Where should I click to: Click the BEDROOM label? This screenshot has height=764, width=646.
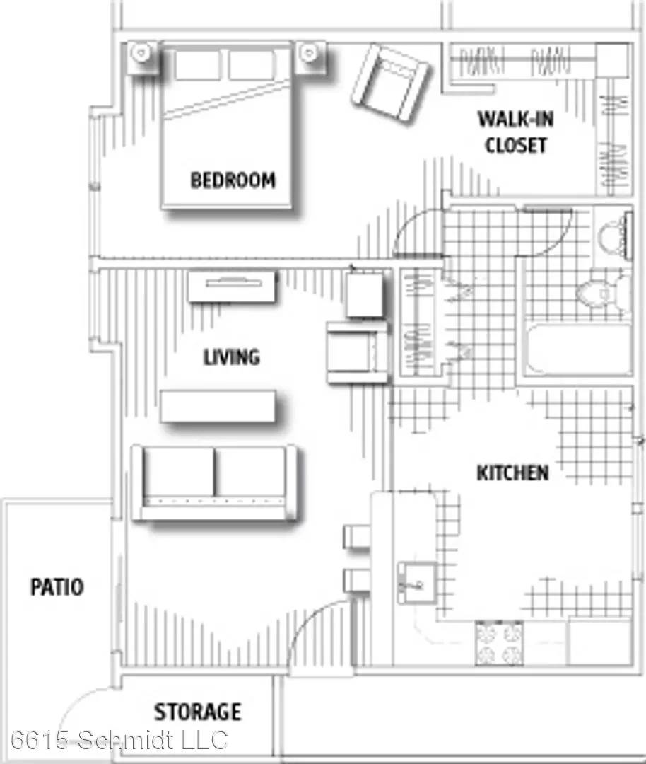click(233, 180)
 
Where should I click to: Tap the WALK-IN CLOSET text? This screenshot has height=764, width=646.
click(515, 132)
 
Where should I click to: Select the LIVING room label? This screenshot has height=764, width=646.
click(231, 357)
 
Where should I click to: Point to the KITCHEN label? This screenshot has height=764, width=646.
click(512, 473)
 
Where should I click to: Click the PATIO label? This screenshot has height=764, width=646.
click(57, 586)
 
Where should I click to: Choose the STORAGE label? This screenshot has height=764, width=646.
click(198, 712)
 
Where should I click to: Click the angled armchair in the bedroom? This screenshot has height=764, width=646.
click(390, 82)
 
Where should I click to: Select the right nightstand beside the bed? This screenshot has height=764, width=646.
click(310, 56)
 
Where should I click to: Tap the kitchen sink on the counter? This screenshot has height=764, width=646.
click(417, 583)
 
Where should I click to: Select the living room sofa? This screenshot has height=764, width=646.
click(215, 482)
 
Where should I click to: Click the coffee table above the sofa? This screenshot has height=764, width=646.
click(218, 406)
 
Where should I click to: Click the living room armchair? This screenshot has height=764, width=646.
click(358, 352)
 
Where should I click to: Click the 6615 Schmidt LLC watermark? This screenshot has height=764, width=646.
click(119, 740)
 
